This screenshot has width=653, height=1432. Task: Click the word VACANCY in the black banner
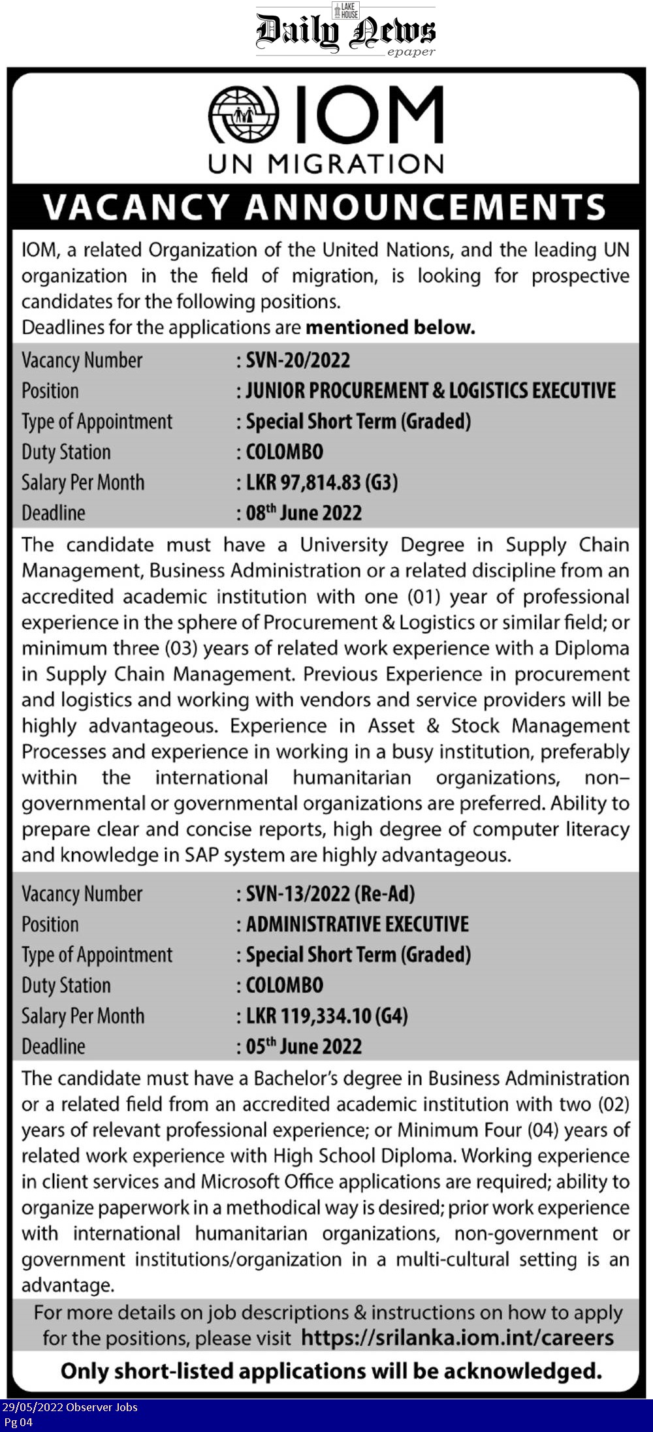coord(136,207)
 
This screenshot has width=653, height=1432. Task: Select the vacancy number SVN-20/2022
coord(298,360)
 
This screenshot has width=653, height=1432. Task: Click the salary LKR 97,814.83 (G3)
coord(322,482)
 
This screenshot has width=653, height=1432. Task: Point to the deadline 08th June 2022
coord(304,513)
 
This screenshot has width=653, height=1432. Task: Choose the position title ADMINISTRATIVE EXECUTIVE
coord(357,924)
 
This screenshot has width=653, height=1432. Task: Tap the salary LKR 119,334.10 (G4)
coord(326,1016)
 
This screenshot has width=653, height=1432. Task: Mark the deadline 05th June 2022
coord(304,1046)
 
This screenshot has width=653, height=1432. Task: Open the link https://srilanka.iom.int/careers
coord(457,1338)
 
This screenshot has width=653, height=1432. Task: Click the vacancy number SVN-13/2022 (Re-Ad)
coord(330,894)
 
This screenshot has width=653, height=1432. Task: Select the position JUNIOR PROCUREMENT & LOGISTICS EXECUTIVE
coord(430,390)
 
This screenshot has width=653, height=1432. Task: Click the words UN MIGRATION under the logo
coord(326,163)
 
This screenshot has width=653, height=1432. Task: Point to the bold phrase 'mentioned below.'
coord(390,327)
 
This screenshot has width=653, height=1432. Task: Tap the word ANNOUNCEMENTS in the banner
coord(426,207)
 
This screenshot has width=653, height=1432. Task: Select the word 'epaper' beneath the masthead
coord(411,52)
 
